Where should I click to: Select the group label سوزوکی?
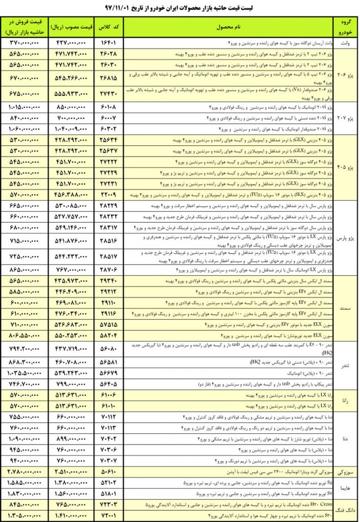tap(345, 472)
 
